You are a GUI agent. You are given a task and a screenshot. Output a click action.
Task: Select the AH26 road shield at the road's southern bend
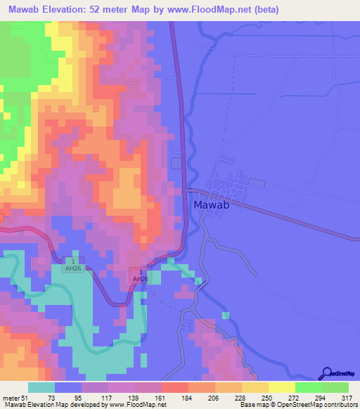(141, 275)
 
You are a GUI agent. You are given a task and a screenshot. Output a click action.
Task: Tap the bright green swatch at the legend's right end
(335, 387)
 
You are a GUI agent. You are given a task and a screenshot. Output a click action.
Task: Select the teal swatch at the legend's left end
(41, 387)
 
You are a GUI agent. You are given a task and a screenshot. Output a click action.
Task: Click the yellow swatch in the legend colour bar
(281, 387)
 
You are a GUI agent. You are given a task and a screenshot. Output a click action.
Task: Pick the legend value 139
(109, 397)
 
